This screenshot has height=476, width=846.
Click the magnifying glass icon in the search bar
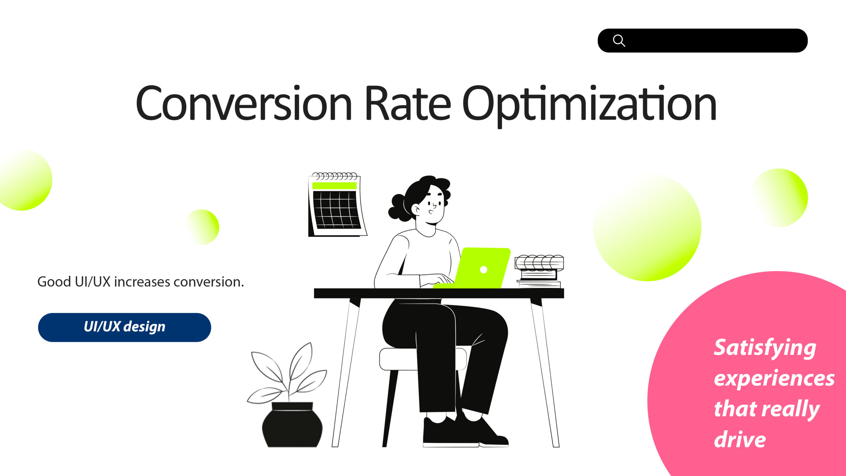click(619, 41)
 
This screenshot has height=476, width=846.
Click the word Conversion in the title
click(244, 103)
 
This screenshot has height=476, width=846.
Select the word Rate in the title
click(407, 103)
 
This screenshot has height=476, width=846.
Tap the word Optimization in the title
click(589, 106)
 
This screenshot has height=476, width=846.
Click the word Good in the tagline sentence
click(54, 282)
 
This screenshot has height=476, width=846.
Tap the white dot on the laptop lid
click(483, 270)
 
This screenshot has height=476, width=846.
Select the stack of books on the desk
click(539, 271)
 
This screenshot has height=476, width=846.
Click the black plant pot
click(292, 425)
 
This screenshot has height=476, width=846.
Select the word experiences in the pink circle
click(774, 379)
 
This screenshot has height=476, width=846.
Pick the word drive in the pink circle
click(740, 440)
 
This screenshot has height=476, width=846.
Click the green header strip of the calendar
click(334, 185)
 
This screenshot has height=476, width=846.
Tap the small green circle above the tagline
click(202, 227)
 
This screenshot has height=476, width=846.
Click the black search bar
click(703, 41)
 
